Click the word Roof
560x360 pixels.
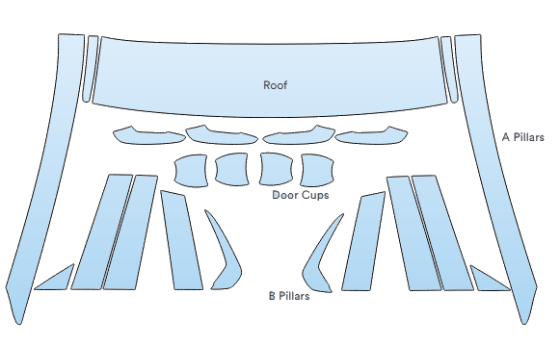coord(275,85)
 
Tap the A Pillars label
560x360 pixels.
coord(523,137)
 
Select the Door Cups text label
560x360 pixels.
coord(300,195)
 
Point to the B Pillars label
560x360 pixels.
coord(289,296)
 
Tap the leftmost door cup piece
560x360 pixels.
coord(191,170)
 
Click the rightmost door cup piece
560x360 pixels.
coord(317,170)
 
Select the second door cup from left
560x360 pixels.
coord(231,169)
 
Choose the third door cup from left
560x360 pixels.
coord(276,169)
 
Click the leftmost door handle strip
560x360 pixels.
coord(149,137)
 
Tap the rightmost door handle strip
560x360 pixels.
coord(371,136)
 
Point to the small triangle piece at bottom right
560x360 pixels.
coord(485,281)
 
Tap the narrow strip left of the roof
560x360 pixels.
coord(90,69)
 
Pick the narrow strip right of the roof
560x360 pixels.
coord(449,69)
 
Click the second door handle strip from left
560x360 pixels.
coord(221,136)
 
